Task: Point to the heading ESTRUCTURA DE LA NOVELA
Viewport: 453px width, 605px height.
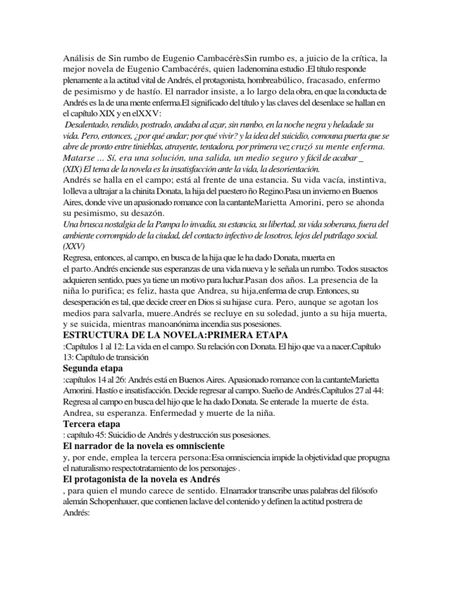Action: point(129,336)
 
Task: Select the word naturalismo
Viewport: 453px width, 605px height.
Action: point(94,468)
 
